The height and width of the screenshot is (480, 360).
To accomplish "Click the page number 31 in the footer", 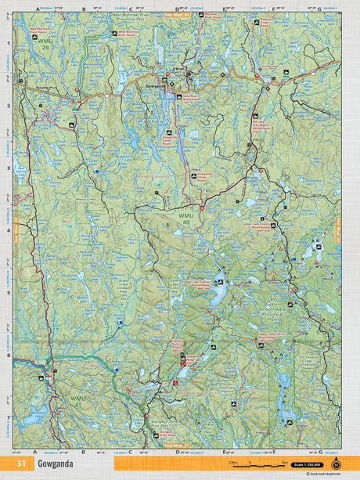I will pos(20,464).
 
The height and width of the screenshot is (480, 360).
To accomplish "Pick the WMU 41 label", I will pos(77,400).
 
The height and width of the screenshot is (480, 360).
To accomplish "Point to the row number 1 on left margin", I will pos(9,44).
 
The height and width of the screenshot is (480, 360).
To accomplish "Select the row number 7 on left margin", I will pos(9,417).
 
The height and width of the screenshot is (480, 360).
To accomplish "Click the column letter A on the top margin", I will pos(37,10).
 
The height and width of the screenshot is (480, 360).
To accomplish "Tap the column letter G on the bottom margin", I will pos(319,452).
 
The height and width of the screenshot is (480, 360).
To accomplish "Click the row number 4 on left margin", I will pos(9,230).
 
